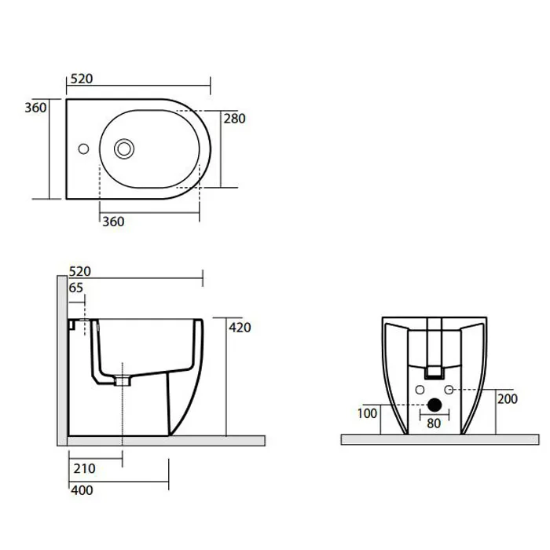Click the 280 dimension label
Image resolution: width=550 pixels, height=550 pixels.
235,119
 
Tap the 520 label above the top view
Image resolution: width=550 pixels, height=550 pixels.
82,79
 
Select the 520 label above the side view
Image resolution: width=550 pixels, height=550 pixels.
80,272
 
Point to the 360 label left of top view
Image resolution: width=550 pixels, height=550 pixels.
35,108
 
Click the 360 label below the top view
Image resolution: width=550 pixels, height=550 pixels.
113,222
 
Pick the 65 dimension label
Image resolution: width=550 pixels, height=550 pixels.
75,288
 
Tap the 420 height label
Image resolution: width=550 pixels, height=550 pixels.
240,328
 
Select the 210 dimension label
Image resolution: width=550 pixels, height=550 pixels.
85,468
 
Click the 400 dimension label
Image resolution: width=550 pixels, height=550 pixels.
82,490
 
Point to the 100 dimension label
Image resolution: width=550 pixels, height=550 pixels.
367,413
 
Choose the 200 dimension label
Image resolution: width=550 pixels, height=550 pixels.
508,399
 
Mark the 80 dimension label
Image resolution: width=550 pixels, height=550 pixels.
434,423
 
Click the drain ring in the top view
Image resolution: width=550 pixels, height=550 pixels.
124,148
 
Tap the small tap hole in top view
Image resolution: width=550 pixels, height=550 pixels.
83,148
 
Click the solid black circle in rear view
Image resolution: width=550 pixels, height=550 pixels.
434,405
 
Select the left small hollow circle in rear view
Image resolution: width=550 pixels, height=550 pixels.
420,390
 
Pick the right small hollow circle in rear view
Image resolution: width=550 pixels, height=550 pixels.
449,390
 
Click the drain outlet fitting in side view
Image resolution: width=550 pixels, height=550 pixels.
123,381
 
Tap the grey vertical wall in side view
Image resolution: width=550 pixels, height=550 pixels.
62,361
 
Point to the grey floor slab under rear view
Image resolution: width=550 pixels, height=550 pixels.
440,439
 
